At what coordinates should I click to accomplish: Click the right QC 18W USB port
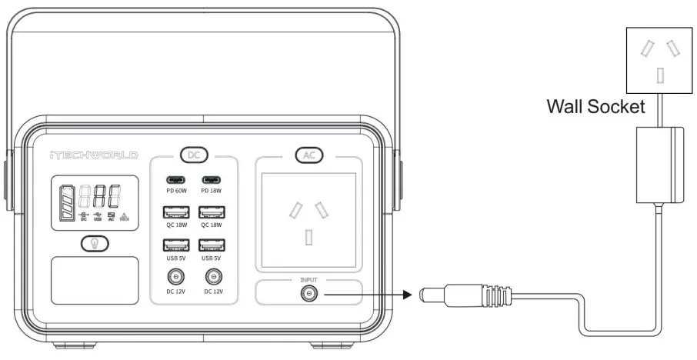[x=210, y=212]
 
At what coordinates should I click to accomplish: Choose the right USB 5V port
[x=210, y=245]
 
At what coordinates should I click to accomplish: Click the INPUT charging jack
[x=308, y=293]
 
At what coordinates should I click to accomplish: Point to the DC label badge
[x=194, y=155]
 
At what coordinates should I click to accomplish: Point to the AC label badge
[x=308, y=155]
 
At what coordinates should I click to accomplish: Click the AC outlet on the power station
[x=308, y=218]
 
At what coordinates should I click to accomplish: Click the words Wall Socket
[x=595, y=106]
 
